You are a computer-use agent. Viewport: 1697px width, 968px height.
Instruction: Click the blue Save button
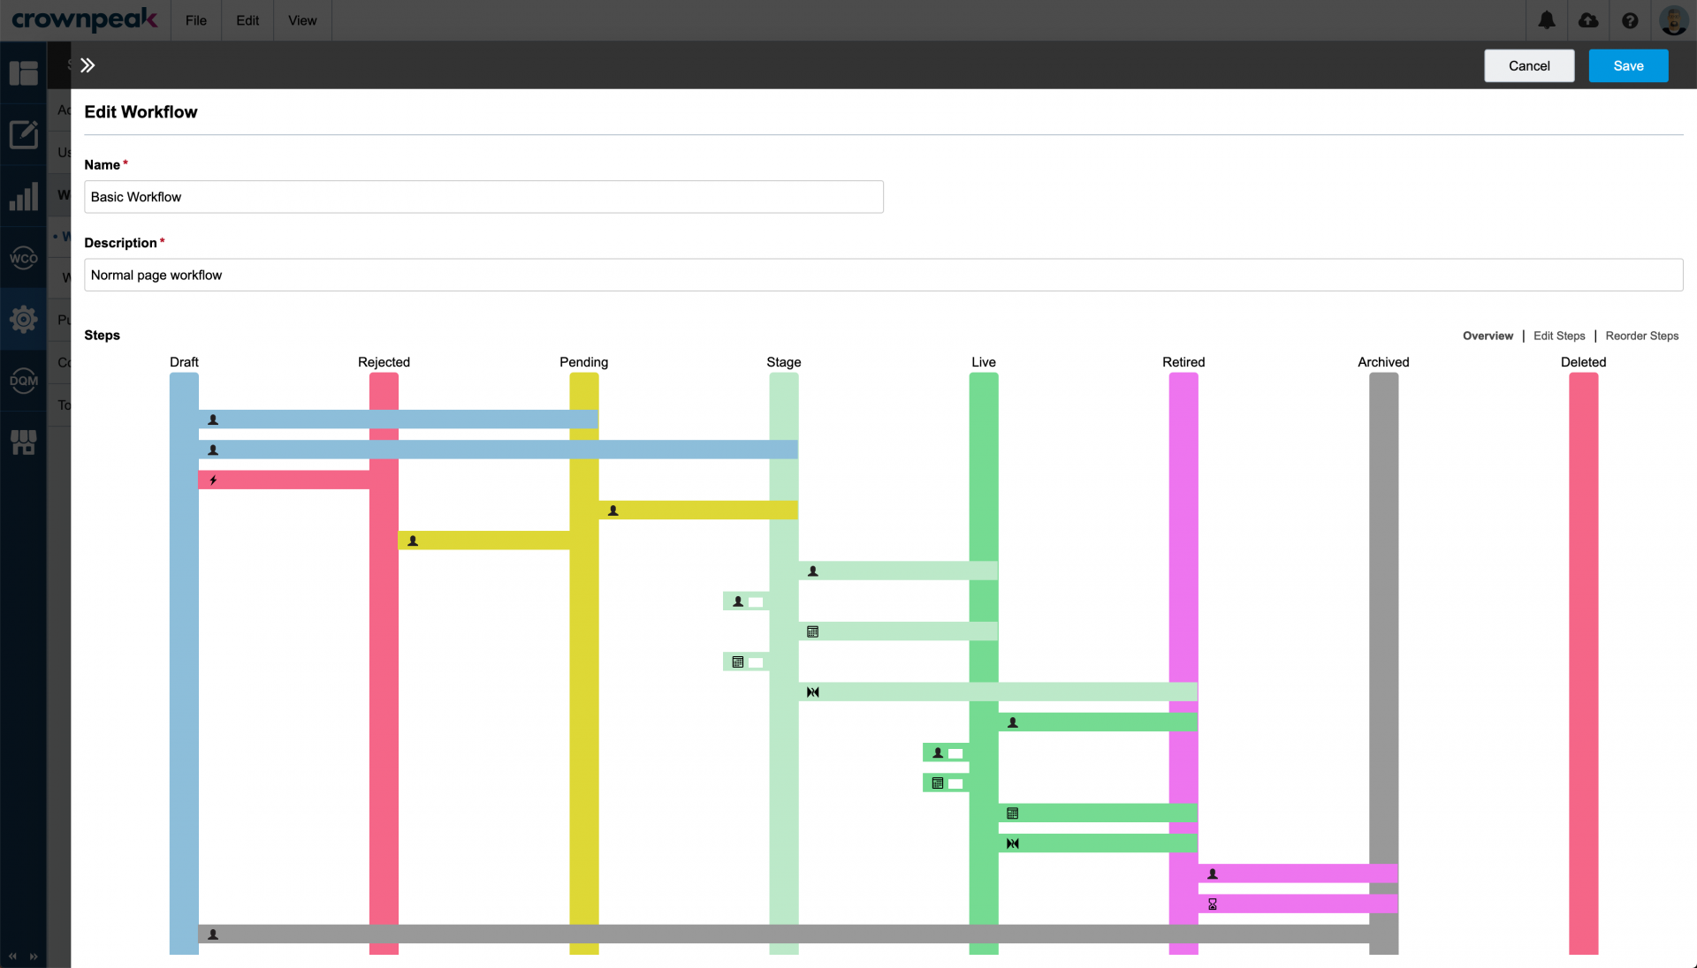pyautogui.click(x=1628, y=65)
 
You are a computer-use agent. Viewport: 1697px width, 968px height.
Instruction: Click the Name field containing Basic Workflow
pyautogui.click(x=483, y=197)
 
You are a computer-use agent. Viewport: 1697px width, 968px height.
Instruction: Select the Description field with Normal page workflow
pyautogui.click(x=883, y=275)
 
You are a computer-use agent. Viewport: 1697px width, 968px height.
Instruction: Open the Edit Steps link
pyautogui.click(x=1559, y=336)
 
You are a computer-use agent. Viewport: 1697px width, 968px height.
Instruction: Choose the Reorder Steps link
pyautogui.click(x=1642, y=336)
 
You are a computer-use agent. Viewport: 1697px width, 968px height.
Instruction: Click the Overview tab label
pyautogui.click(x=1488, y=336)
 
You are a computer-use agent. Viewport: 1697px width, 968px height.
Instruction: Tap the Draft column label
pyautogui.click(x=184, y=362)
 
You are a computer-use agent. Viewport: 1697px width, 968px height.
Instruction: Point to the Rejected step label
pyautogui.click(x=384, y=362)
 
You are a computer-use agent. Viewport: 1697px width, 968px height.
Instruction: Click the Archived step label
pyautogui.click(x=1383, y=362)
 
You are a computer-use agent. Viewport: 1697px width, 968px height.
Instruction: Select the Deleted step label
pyautogui.click(x=1583, y=362)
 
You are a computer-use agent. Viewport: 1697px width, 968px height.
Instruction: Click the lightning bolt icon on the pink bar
pyautogui.click(x=213, y=480)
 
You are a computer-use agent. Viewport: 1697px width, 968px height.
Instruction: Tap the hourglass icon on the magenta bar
pyautogui.click(x=1213, y=904)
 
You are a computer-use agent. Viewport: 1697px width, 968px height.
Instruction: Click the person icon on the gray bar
pyautogui.click(x=213, y=934)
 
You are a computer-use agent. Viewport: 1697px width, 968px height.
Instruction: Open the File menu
pyautogui.click(x=196, y=20)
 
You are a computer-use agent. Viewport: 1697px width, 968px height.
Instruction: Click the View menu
pyautogui.click(x=302, y=20)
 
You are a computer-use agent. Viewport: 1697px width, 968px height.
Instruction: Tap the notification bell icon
pyautogui.click(x=1547, y=20)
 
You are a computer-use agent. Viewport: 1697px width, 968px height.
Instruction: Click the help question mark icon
pyautogui.click(x=1631, y=20)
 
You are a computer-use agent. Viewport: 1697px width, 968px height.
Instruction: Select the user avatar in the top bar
pyautogui.click(x=1673, y=20)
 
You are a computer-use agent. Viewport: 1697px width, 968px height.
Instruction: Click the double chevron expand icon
pyautogui.click(x=88, y=65)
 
